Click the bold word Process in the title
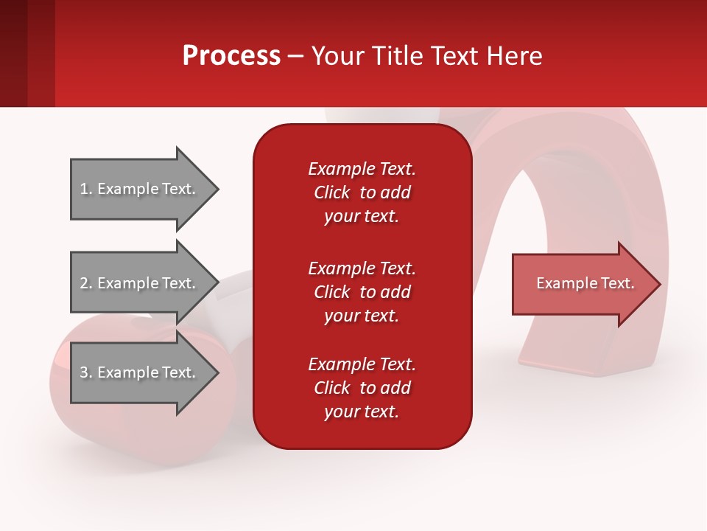coord(231,56)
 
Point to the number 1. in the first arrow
coord(86,190)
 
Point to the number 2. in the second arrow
coord(86,283)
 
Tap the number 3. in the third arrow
coord(86,373)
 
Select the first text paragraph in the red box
coord(362,192)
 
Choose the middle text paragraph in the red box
coord(362,292)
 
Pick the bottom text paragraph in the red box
coord(362,388)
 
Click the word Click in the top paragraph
coord(332,192)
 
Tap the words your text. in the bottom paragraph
coord(362,412)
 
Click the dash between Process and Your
coord(295,57)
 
